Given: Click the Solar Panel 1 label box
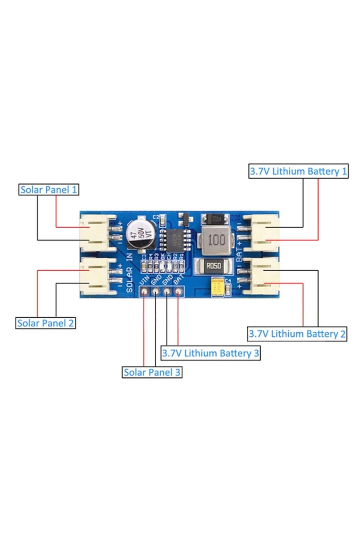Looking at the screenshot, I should click(x=49, y=190).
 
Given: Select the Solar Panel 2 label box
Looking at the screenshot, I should click(x=45, y=323).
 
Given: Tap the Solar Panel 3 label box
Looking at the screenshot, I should click(x=152, y=372).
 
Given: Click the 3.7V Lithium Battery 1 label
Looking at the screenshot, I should click(x=298, y=171).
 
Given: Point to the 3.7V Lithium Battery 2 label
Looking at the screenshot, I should click(x=297, y=334).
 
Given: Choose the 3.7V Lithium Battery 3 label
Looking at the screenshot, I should click(x=210, y=353).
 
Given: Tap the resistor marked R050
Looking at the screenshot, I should click(x=213, y=266).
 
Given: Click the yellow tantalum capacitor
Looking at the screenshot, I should click(x=217, y=287).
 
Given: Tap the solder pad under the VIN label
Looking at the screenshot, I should click(x=145, y=291).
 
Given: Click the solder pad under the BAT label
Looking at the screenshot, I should click(x=178, y=291).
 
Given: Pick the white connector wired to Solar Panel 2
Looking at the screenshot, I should click(x=94, y=276).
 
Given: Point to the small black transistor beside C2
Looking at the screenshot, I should click(x=184, y=219).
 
